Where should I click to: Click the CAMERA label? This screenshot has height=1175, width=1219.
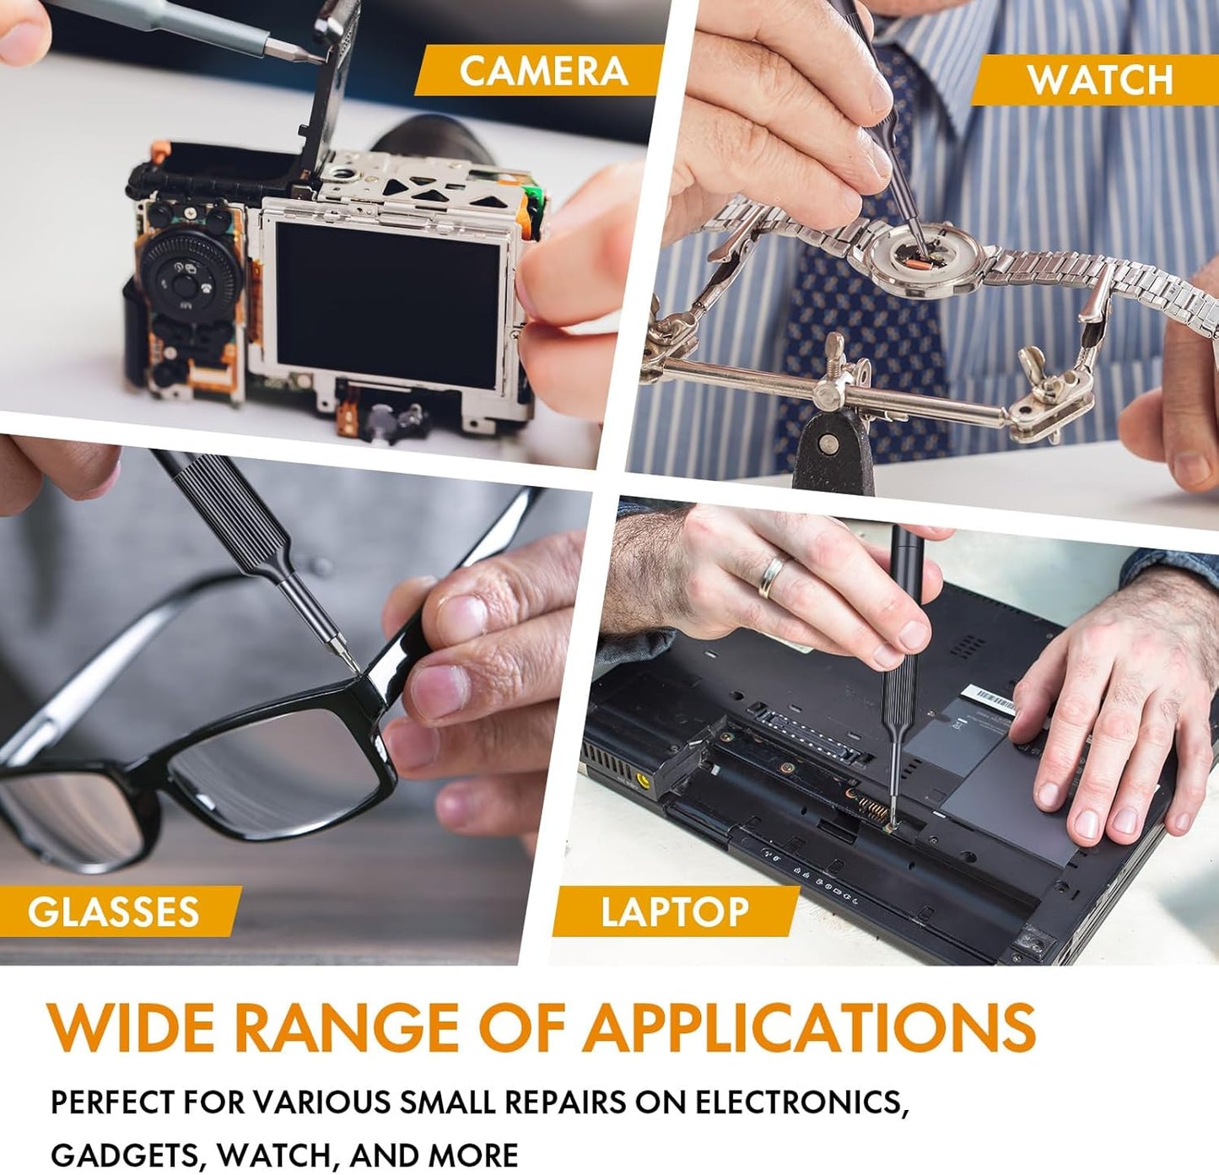coord(544,70)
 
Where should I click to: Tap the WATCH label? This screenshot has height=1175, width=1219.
coord(1100,79)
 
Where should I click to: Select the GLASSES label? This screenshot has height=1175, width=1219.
coord(113,911)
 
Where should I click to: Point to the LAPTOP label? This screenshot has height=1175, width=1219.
coord(675,911)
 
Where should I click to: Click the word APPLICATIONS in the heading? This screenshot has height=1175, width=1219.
coord(808,1027)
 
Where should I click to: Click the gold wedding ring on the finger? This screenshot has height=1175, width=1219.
coord(770,575)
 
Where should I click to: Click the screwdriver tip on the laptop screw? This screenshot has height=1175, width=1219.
coord(889,823)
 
